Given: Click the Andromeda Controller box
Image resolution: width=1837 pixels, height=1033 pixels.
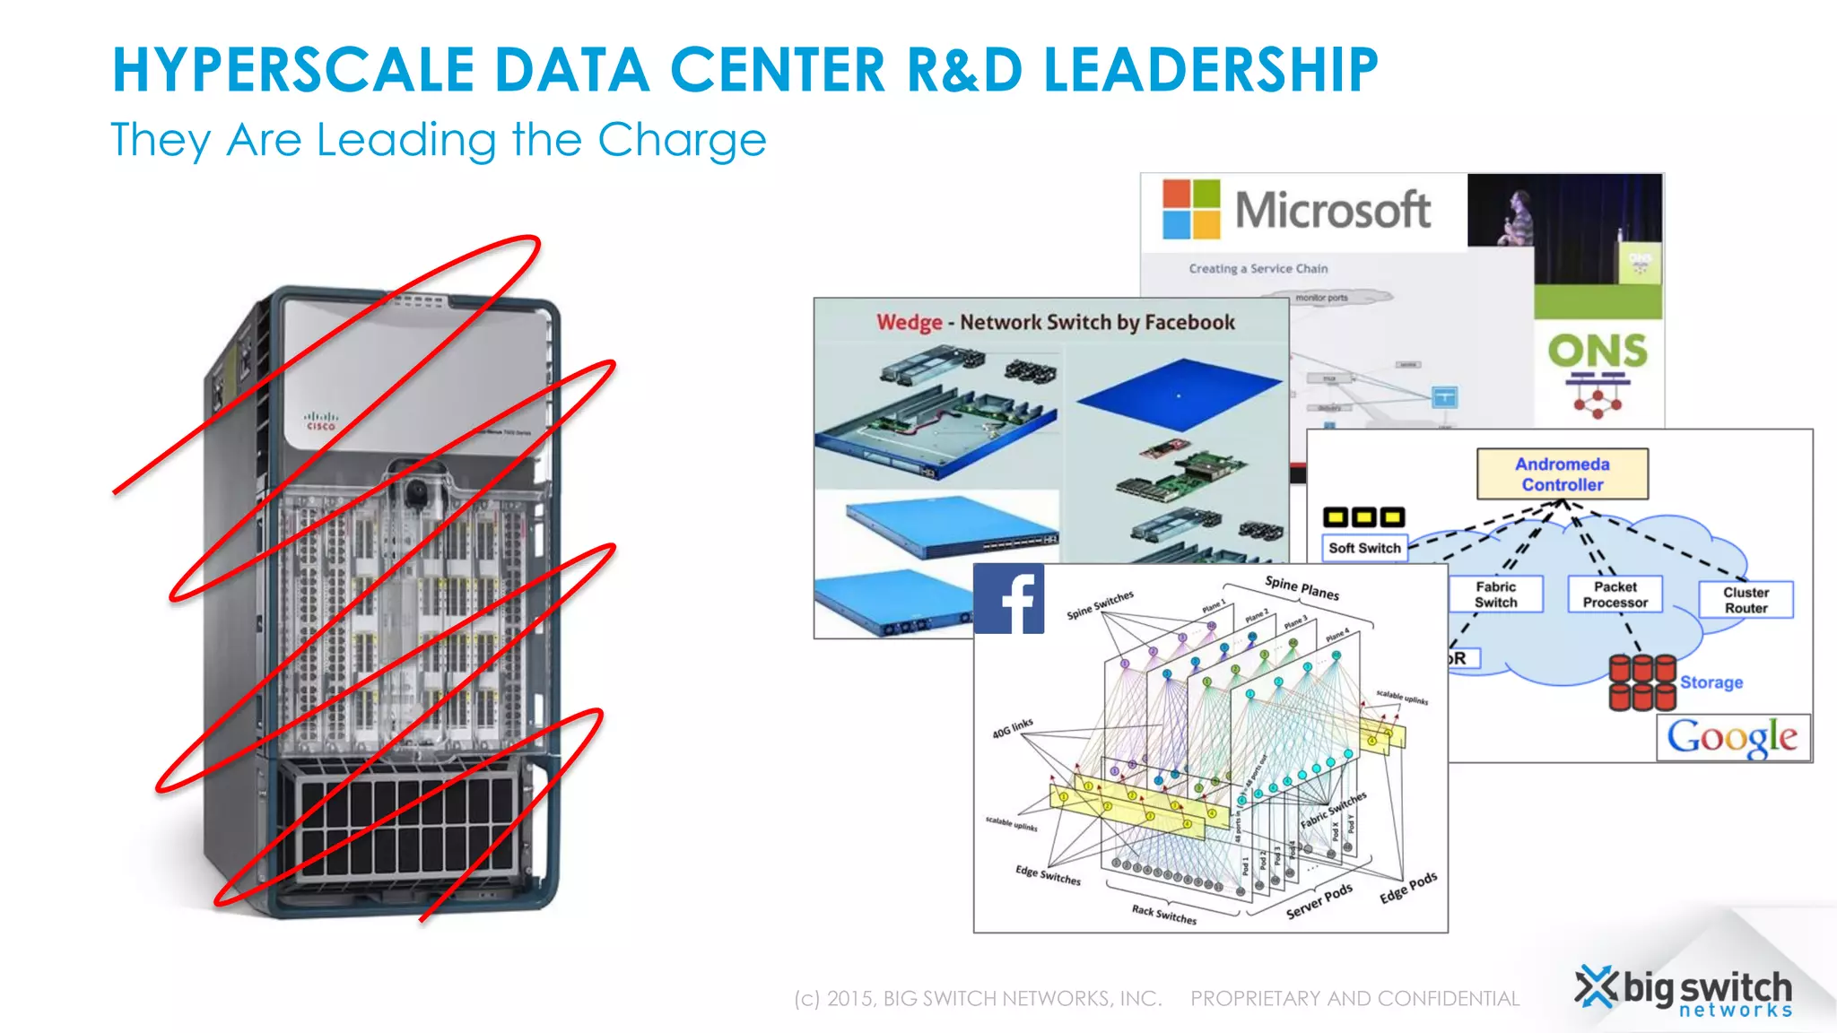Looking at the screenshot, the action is [1562, 474].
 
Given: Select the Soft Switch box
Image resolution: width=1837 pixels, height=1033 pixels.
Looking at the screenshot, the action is [1364, 548].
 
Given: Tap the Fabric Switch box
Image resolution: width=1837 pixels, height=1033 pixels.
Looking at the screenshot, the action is [1495, 595].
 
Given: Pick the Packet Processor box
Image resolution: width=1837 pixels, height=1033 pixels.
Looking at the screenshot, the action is [1615, 595].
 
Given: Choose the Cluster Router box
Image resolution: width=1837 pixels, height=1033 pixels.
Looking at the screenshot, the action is [1746, 600].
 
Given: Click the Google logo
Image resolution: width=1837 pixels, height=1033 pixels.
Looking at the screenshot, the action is [1732, 738].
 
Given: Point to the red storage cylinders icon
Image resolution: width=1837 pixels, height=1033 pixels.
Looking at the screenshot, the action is [1641, 682].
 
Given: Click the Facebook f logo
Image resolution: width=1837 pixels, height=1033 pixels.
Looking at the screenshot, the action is [1009, 599].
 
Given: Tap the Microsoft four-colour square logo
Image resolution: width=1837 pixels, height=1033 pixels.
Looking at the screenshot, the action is [1191, 209].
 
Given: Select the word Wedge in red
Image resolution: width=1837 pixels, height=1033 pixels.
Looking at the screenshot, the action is [909, 322].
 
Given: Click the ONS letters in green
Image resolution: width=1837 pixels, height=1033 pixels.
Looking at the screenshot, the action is [1598, 351].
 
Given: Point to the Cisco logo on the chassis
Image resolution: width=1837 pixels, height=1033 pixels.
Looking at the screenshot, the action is [320, 421].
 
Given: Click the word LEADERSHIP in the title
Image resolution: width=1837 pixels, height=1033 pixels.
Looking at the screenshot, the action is [1210, 70].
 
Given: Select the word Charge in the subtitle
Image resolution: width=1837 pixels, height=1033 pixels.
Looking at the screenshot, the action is [682, 141].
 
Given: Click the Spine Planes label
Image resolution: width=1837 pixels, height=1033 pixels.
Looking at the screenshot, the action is [1302, 587].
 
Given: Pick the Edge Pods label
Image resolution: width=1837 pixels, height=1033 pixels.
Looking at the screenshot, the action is [1408, 887].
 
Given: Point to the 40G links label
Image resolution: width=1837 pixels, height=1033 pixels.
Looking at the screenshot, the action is [1013, 728].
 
